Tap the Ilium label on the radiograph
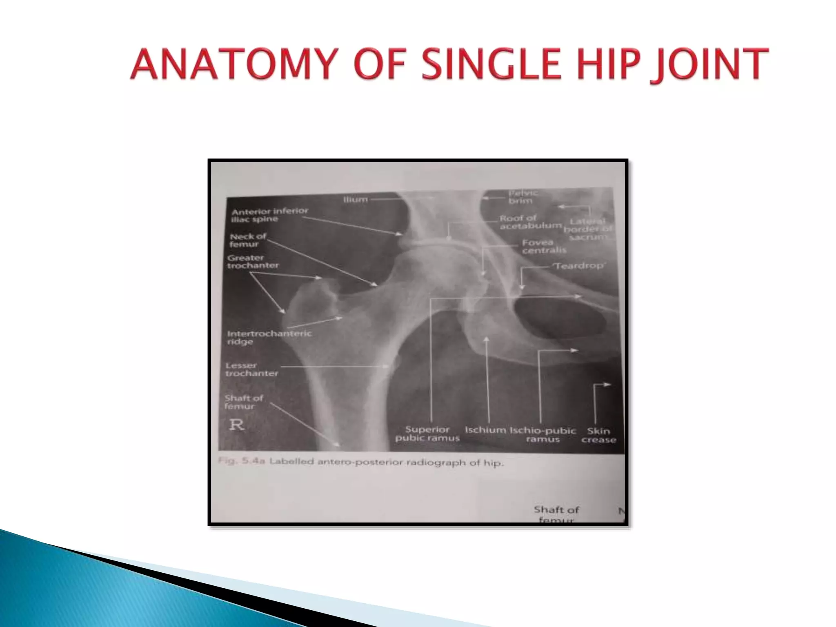click(x=355, y=200)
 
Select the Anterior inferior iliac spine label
click(x=269, y=215)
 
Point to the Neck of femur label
click(x=247, y=240)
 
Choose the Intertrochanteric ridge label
click(x=269, y=337)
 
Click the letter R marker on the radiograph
click(x=236, y=425)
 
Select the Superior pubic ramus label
click(x=427, y=434)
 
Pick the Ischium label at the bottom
click(x=485, y=430)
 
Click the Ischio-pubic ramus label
click(x=543, y=435)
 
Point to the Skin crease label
click(x=598, y=435)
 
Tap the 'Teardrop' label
click(x=579, y=266)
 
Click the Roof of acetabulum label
click(x=530, y=222)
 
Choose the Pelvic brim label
click(x=522, y=197)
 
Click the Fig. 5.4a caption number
click(x=242, y=461)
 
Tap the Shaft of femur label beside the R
click(x=243, y=402)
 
